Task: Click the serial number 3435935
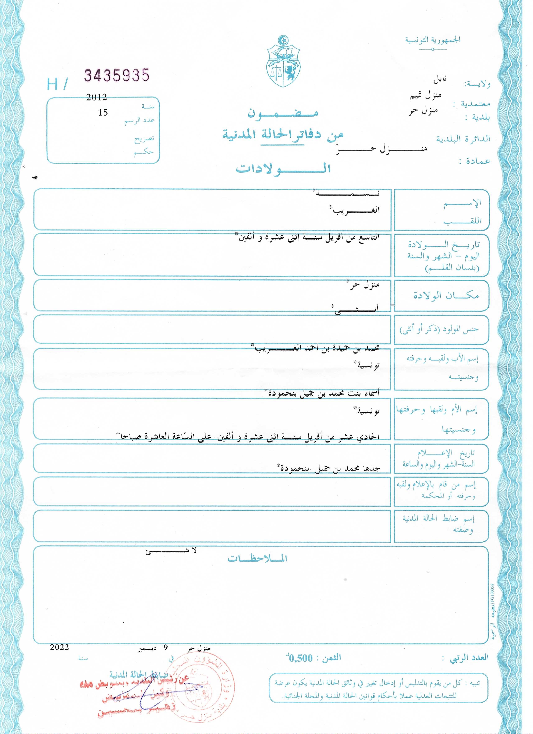117,75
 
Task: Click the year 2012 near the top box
96,97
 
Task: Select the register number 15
103,113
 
